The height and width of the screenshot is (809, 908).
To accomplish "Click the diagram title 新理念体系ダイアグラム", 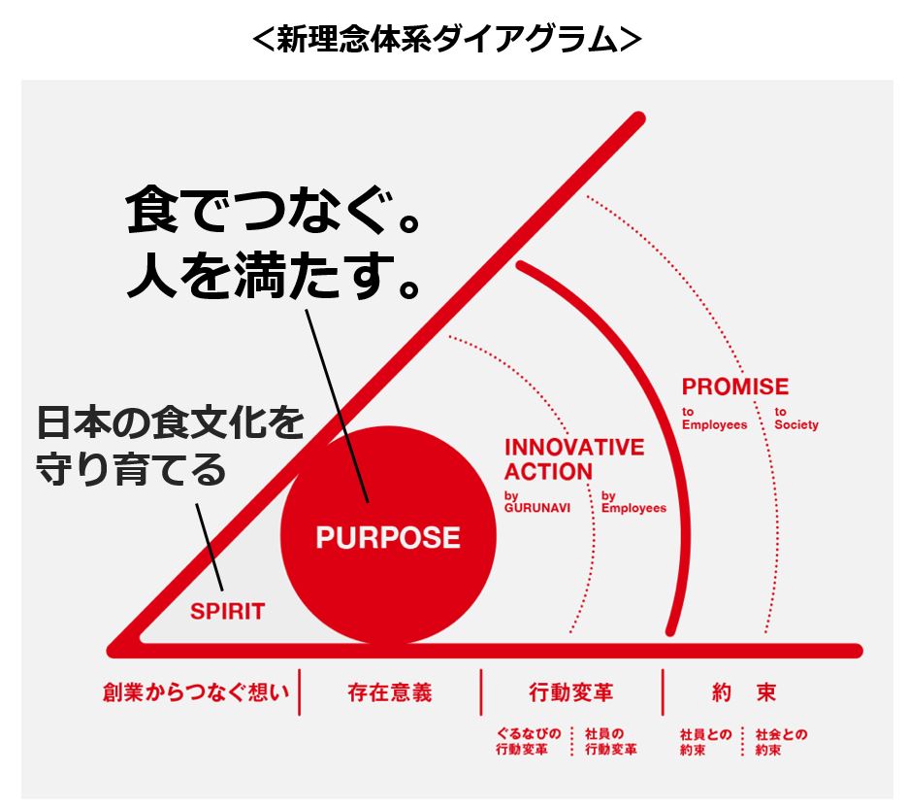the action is coord(447,39).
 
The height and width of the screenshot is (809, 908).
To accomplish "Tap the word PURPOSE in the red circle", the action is coord(388,538).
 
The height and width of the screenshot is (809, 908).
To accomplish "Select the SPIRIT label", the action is coord(228,611).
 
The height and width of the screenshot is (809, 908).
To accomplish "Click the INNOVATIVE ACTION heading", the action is coord(574,459).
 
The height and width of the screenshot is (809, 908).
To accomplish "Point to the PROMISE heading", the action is coord(735,387).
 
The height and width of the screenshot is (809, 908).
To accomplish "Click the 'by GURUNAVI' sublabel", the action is coord(537,502).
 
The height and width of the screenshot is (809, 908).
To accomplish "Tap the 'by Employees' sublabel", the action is coord(634,502).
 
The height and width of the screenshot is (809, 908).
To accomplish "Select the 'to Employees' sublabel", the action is coord(715,419).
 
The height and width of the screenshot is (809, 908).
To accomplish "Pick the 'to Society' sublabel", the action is coord(796,419).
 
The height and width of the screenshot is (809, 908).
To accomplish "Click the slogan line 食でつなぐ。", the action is coord(273,210).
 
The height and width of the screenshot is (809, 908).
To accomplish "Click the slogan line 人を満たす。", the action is coord(273,275).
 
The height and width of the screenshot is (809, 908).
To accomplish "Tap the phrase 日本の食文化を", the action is coord(171,422).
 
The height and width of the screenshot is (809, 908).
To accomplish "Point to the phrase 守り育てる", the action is coord(131,468).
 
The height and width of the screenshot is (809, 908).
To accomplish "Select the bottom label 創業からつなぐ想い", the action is coord(196,692).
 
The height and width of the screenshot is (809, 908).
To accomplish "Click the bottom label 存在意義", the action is coord(390,692).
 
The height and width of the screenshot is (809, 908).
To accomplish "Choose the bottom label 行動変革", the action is coord(571,692).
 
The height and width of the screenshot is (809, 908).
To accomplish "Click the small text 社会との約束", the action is coord(781,742).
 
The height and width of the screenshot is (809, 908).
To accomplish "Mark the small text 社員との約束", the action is coord(706,742).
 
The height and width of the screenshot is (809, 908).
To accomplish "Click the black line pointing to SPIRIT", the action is coord(209,547).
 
